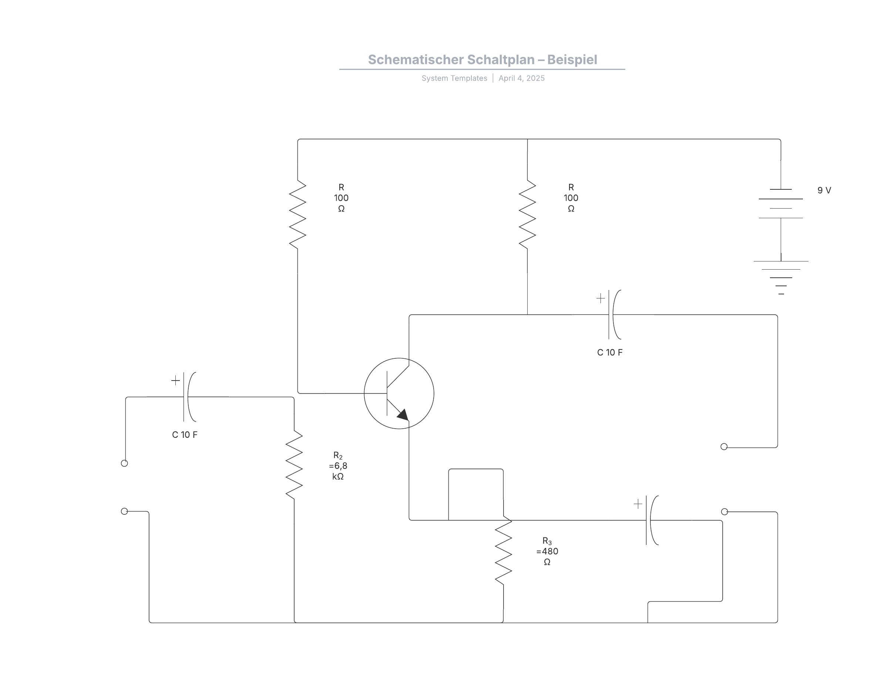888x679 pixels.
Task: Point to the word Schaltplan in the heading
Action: click(501, 60)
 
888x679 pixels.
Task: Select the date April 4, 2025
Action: click(521, 78)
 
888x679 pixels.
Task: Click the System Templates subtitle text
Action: click(454, 78)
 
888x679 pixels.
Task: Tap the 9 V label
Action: click(824, 190)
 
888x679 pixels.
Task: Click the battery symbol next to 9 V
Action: click(780, 204)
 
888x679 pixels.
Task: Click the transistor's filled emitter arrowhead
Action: click(403, 415)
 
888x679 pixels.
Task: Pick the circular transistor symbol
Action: click(399, 393)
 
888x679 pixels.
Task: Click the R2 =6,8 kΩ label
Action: click(338, 466)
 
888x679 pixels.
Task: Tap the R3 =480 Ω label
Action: click(547, 551)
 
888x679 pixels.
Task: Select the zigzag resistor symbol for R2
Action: click(294, 465)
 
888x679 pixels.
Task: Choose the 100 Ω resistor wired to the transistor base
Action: click(297, 214)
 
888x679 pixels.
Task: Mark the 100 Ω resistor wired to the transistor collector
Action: click(527, 214)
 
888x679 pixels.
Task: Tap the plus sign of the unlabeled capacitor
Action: click(638, 504)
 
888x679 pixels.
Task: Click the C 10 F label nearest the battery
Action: click(610, 352)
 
